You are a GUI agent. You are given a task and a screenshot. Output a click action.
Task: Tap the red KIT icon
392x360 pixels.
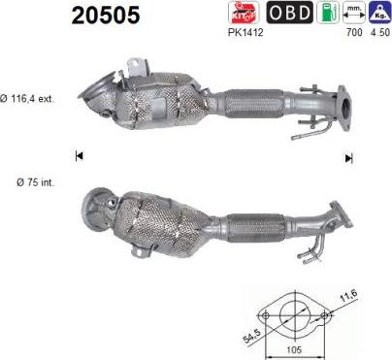pos(244,13)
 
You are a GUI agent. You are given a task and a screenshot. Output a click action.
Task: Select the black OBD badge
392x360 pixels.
pos(289,13)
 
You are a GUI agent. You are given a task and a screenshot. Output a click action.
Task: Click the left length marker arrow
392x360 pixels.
pos(79,155)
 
